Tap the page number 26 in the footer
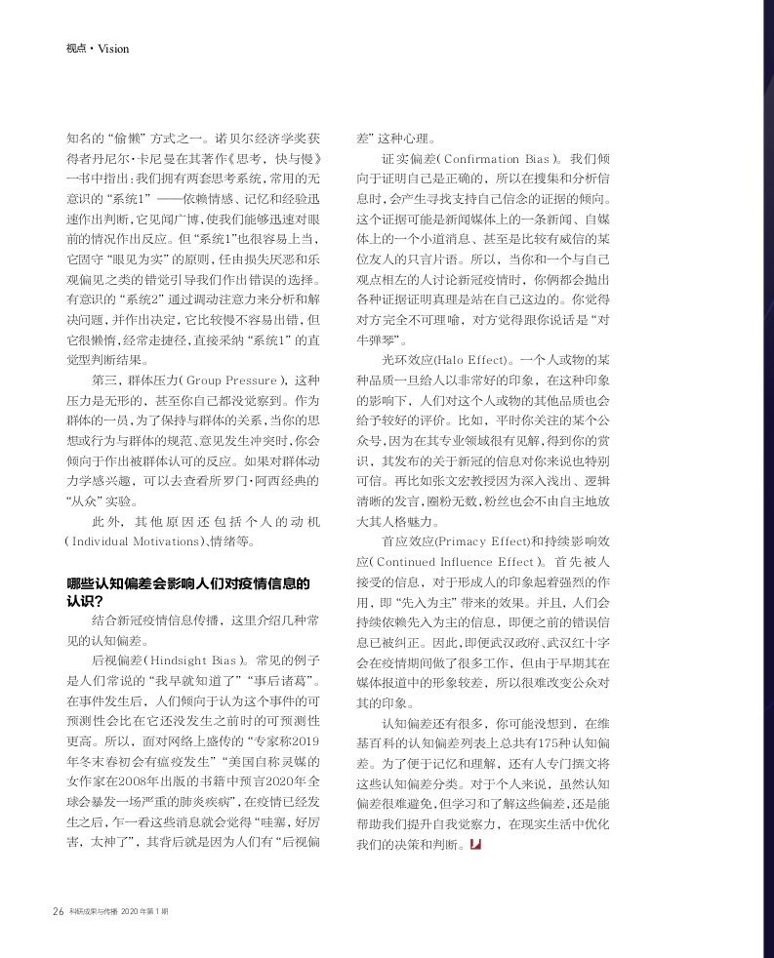(57, 912)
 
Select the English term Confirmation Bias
(499, 158)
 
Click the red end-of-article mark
(475, 843)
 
